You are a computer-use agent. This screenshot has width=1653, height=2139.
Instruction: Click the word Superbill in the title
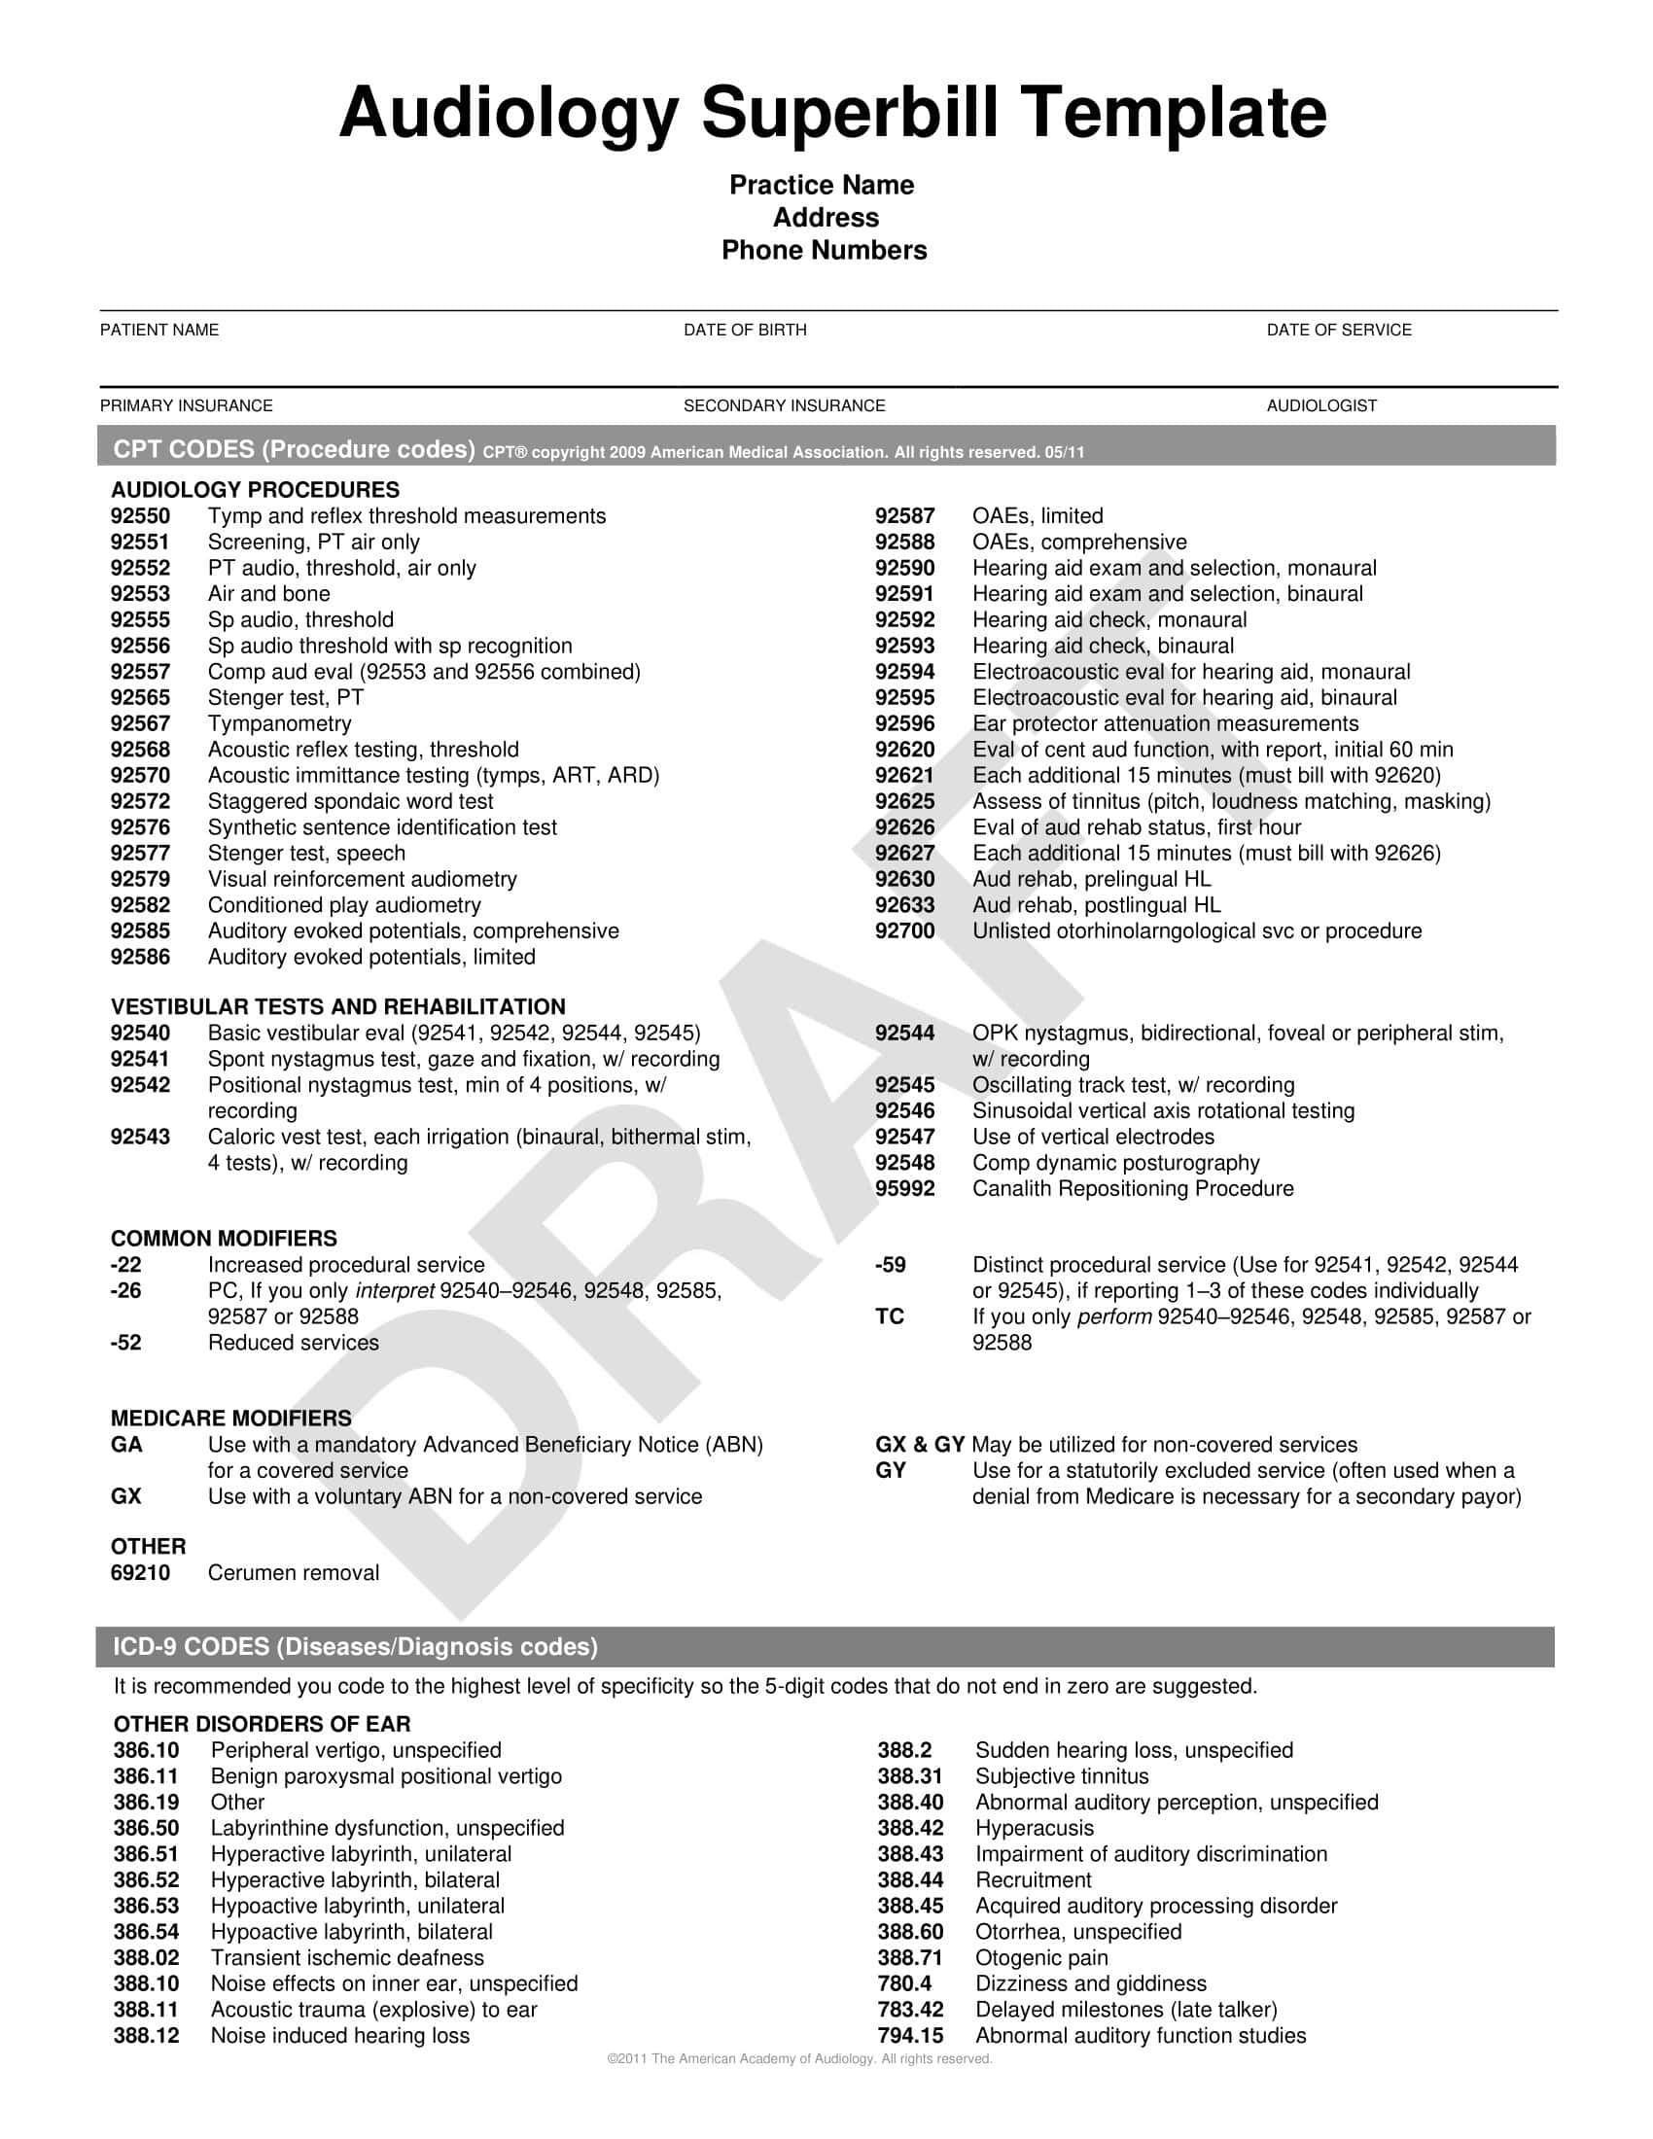(850, 113)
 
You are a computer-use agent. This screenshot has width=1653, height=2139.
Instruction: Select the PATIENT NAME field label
(159, 330)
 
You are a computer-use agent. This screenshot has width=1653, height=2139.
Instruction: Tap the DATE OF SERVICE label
(1339, 330)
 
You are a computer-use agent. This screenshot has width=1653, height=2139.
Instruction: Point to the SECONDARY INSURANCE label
(784, 405)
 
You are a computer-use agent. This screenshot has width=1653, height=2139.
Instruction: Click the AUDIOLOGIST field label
(1321, 405)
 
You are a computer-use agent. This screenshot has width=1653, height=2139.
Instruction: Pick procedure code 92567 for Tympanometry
(140, 723)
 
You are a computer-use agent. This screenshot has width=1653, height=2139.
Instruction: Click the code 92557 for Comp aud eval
(140, 672)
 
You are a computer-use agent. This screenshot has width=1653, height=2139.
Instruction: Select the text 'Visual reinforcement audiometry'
(363, 880)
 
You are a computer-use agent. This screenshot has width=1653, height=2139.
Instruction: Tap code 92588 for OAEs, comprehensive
(905, 543)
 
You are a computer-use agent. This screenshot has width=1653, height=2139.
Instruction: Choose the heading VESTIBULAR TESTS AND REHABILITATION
(337, 1007)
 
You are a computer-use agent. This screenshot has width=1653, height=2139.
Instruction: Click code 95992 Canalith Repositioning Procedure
(905, 1189)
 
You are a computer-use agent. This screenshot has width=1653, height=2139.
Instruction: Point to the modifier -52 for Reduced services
(126, 1343)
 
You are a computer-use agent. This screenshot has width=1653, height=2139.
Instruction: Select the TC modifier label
(889, 1316)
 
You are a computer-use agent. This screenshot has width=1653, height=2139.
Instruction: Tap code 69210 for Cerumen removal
(140, 1573)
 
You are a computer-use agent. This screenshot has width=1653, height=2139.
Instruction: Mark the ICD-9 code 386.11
(146, 1776)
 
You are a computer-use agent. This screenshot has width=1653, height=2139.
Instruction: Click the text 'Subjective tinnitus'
(1062, 1776)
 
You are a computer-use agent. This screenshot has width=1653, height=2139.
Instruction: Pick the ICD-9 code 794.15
(911, 2036)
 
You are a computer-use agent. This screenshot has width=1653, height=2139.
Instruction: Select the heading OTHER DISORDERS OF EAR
(263, 1724)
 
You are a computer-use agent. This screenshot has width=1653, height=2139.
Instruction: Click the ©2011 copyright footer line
(799, 2059)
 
